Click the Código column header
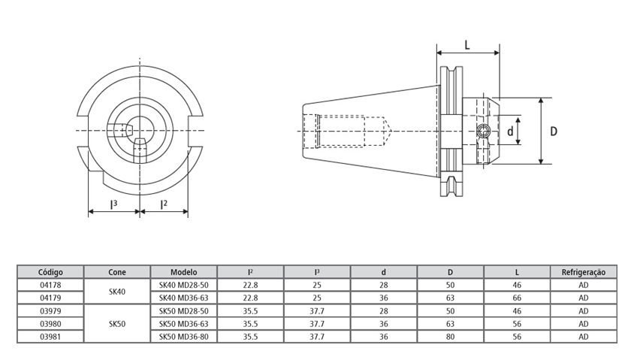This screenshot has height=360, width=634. point(50,271)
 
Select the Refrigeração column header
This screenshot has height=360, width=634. point(583,271)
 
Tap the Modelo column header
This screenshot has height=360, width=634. point(183,271)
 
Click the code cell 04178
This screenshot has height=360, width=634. point(50,285)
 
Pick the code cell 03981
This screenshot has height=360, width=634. point(50,337)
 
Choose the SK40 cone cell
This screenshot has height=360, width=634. point(117,291)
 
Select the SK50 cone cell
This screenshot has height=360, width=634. point(117,324)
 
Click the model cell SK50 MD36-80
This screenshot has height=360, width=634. point(183,337)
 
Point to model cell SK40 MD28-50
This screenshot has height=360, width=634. point(183,285)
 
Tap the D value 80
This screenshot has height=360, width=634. point(450,337)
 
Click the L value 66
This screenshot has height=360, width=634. point(517,298)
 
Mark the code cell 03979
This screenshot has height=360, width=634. point(50,310)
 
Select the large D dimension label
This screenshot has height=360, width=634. point(554,132)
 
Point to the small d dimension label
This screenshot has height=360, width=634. point(510,132)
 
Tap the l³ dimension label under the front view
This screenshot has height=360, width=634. point(113,204)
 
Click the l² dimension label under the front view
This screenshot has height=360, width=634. point(163,204)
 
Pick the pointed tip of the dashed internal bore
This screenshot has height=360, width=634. point(391,132)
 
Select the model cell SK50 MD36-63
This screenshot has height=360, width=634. point(183,324)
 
